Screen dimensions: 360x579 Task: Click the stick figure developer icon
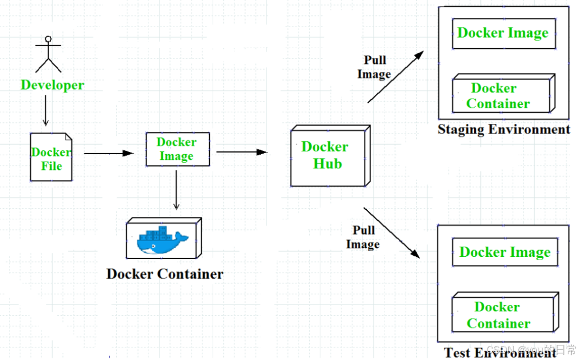48,55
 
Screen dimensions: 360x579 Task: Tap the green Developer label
52,85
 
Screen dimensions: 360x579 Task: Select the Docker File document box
51,158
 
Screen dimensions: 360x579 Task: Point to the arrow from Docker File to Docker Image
108,153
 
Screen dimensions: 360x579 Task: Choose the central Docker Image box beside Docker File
177,149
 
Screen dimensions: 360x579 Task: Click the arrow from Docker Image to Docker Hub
241,151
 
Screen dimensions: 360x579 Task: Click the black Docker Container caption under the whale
164,274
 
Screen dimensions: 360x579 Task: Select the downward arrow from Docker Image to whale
176,190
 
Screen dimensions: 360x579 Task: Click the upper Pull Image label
375,67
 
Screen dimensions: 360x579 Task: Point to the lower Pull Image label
363,237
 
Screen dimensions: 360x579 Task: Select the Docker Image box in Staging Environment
503,33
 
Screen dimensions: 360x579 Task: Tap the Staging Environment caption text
504,130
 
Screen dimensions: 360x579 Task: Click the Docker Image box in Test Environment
505,252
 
